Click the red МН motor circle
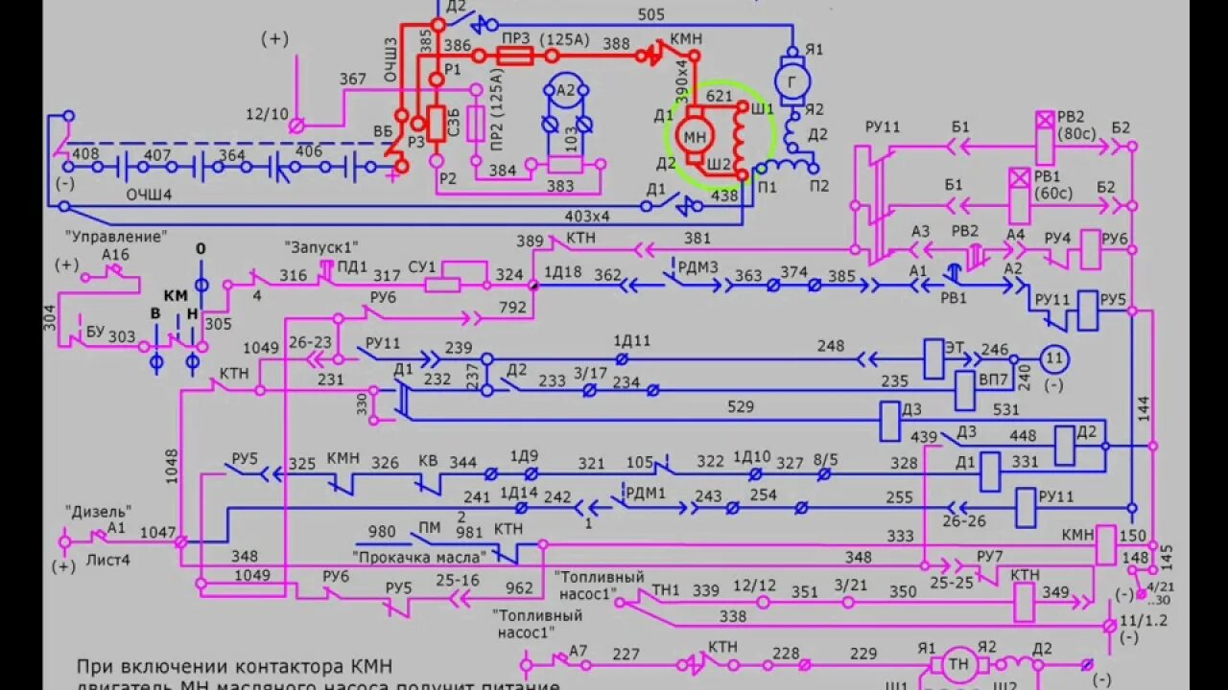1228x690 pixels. [x=695, y=137]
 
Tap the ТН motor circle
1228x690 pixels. [x=958, y=664]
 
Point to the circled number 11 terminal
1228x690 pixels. [x=1054, y=358]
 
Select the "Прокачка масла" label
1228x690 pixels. [x=419, y=556]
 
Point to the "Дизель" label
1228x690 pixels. [x=98, y=511]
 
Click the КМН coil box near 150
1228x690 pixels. [x=1105, y=545]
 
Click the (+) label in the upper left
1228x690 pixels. [x=275, y=39]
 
